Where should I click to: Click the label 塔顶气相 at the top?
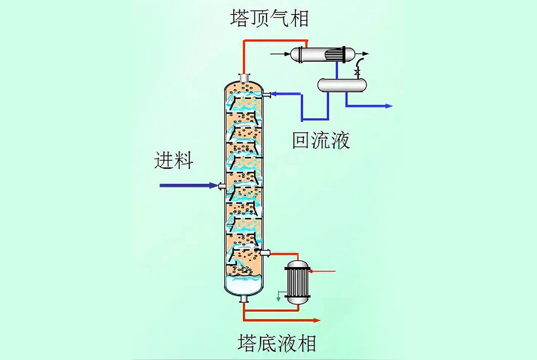[268, 18]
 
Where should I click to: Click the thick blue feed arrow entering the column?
[188, 185]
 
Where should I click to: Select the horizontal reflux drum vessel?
[342, 84]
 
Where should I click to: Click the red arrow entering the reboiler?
[322, 271]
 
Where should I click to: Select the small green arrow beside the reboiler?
[278, 296]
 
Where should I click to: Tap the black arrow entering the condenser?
[279, 54]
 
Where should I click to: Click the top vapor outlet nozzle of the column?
[244, 78]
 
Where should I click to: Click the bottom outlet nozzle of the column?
[244, 299]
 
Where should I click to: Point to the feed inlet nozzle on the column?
[221, 185]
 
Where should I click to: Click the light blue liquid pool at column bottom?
[244, 285]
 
